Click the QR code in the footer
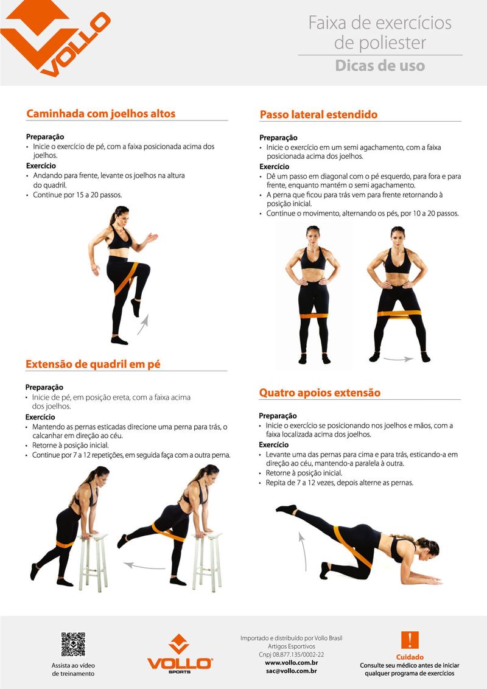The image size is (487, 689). (x=73, y=644)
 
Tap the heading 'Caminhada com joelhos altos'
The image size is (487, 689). (x=100, y=113)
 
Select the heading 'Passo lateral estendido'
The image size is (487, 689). (x=318, y=114)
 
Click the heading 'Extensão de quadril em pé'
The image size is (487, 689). (x=93, y=364)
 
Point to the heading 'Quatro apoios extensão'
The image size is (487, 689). (x=320, y=393)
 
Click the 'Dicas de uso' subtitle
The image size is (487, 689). (x=380, y=66)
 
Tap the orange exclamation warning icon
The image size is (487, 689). (x=410, y=640)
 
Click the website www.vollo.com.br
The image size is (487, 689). (x=291, y=663)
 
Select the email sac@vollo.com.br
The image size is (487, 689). (x=291, y=671)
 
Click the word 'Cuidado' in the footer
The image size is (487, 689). (x=410, y=657)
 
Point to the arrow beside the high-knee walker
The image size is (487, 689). (x=143, y=324)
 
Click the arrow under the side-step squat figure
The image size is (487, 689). (x=398, y=360)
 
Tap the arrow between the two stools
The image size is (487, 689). (x=144, y=565)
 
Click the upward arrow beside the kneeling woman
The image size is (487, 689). (x=303, y=551)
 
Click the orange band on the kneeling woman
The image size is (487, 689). (x=352, y=547)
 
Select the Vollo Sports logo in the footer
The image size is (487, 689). (x=180, y=654)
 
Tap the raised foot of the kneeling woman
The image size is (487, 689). (x=287, y=509)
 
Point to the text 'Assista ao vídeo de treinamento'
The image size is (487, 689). (x=73, y=670)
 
